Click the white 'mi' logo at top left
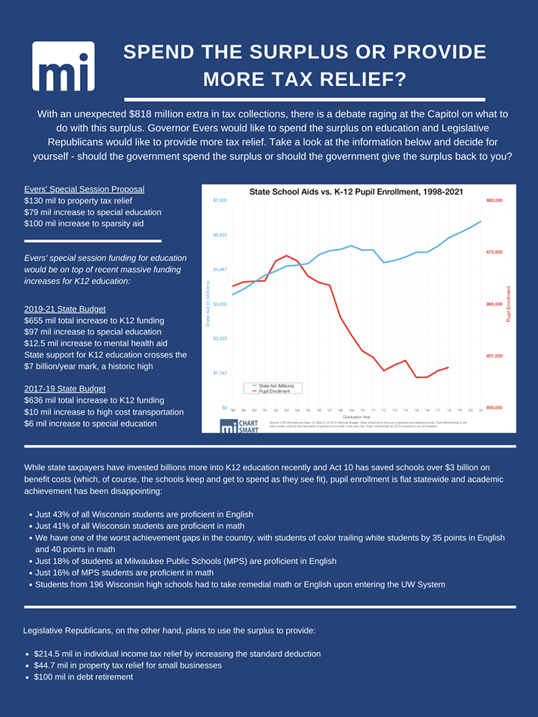pyautogui.click(x=64, y=66)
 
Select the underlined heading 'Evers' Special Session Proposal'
pyautogui.click(x=84, y=189)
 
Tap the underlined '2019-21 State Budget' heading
pyautogui.click(x=65, y=308)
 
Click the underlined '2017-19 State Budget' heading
pyautogui.click(x=65, y=388)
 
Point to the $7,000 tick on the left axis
pyautogui.click(x=219, y=201)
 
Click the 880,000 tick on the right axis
pyautogui.click(x=495, y=201)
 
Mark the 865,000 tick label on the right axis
pyautogui.click(x=495, y=304)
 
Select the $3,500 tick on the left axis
pyautogui.click(x=219, y=304)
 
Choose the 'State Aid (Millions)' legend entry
pyautogui.click(x=274, y=385)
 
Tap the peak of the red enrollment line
pyautogui.click(x=287, y=255)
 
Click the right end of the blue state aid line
pyautogui.click(x=480, y=221)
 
